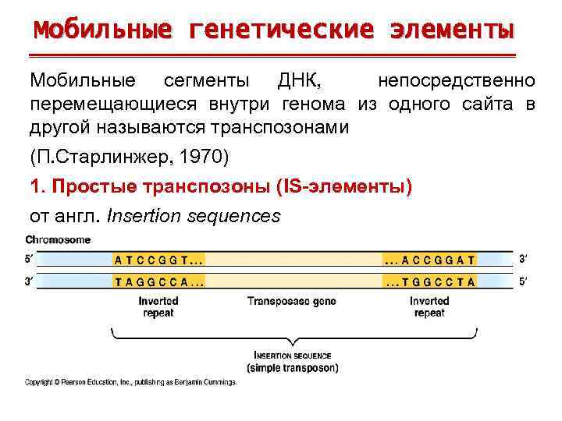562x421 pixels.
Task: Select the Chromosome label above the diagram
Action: point(58,240)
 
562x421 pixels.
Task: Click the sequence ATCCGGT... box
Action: point(159,260)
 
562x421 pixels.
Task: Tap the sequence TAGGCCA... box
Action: point(159,281)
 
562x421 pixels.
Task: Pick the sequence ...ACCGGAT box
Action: point(429,260)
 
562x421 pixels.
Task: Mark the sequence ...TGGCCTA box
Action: point(429,281)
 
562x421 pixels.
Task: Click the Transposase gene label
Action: point(291,301)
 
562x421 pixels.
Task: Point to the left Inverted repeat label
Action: point(158,306)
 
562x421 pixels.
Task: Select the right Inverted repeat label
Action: point(429,306)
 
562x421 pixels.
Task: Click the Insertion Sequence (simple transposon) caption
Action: point(292,362)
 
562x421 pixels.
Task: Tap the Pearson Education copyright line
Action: point(130,382)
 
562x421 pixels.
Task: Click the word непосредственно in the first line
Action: point(456,82)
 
